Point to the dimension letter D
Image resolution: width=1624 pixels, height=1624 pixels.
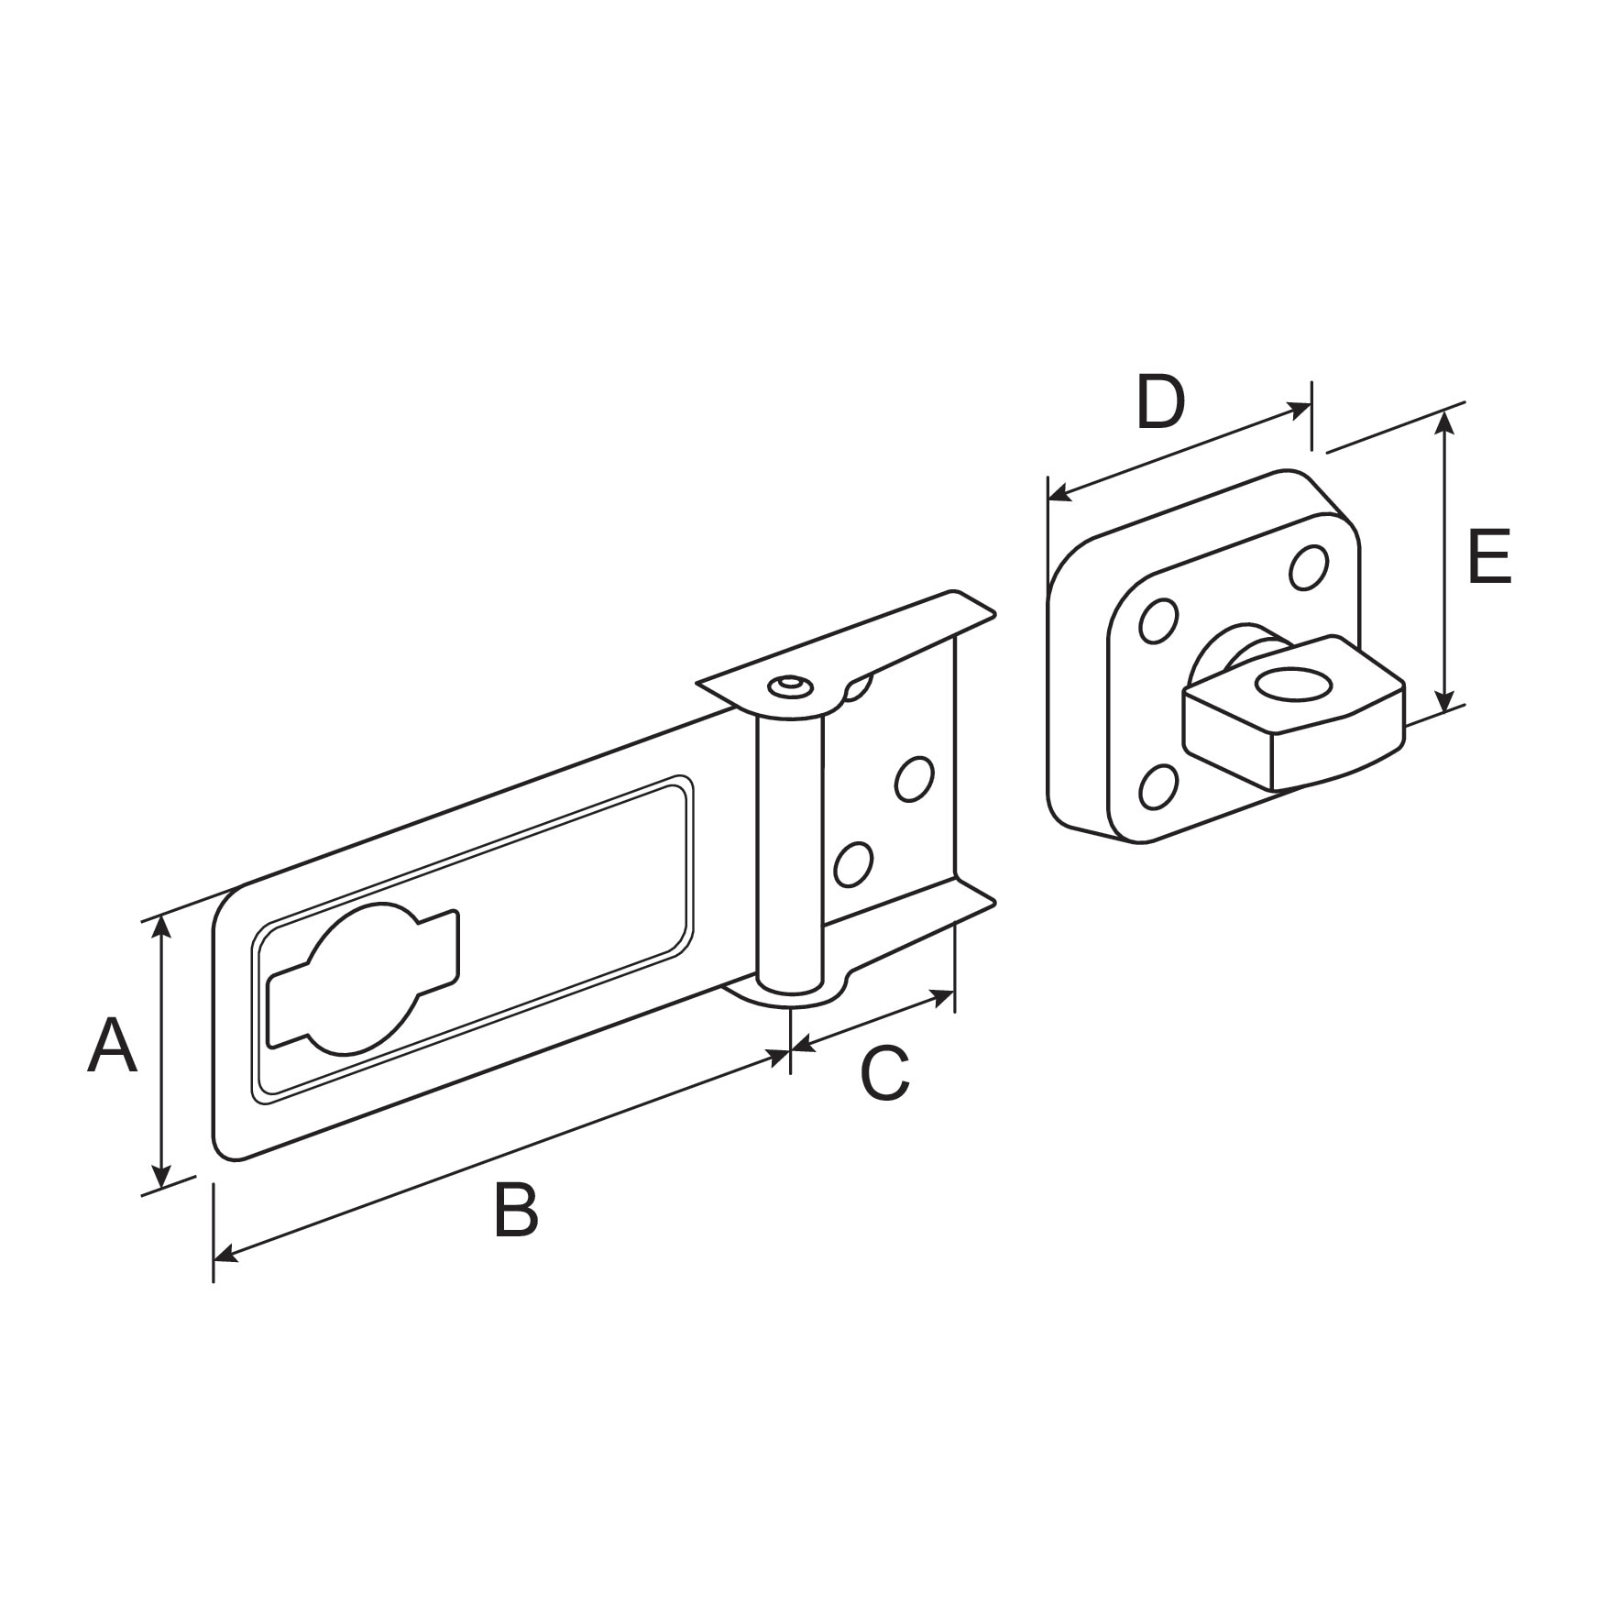(x=1160, y=403)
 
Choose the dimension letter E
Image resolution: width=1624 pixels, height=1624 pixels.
(x=1488, y=556)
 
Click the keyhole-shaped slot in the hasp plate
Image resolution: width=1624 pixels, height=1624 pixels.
(x=362, y=979)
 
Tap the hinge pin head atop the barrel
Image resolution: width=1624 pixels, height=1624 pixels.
(x=788, y=687)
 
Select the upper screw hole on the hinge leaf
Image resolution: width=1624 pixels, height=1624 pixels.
(x=914, y=778)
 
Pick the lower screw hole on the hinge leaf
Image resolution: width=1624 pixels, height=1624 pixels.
(x=852, y=863)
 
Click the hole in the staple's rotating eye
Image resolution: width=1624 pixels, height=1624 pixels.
(x=1292, y=686)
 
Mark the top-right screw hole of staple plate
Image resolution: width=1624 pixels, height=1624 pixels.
(x=1309, y=567)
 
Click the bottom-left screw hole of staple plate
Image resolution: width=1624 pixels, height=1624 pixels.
(x=1159, y=786)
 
